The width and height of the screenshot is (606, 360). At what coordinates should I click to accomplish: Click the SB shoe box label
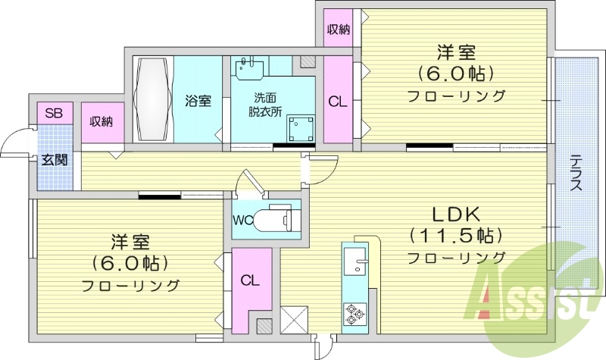53,114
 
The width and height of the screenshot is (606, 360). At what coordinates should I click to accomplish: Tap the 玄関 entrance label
53,159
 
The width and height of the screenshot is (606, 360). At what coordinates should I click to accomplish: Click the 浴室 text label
198,101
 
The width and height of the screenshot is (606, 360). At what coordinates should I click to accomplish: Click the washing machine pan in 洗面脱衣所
301,129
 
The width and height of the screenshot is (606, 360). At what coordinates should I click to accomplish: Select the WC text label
242,221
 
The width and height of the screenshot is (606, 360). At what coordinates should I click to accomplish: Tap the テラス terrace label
576,173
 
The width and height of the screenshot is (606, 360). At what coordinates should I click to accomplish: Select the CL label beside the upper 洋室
338,101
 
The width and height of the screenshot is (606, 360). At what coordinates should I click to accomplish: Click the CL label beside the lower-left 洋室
250,280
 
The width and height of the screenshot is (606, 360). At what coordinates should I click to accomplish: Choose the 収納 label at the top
338,30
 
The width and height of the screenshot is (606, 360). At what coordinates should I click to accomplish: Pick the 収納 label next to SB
102,121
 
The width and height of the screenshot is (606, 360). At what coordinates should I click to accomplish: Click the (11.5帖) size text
456,235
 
